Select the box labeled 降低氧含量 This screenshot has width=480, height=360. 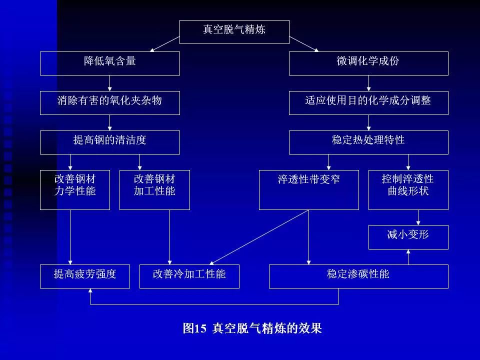(109, 63)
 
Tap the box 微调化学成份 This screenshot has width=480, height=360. (368, 63)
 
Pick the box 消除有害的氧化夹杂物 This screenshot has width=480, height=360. (109, 102)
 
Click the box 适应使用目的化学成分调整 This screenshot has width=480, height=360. (368, 102)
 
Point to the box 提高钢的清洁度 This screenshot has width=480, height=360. (109, 142)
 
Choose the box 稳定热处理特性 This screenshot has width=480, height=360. (368, 142)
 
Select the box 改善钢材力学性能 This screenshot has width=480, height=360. (74, 189)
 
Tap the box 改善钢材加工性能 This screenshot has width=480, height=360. (154, 189)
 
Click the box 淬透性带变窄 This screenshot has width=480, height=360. (308, 189)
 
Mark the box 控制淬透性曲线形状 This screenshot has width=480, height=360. (408, 189)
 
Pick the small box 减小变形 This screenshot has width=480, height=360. (408, 236)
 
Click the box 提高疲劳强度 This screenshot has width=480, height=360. (84, 276)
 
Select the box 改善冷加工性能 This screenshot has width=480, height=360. (189, 276)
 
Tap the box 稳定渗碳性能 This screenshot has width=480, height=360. (358, 276)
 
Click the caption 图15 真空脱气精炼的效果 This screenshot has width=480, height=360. (252, 328)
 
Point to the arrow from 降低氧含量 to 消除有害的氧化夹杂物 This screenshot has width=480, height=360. (109, 83)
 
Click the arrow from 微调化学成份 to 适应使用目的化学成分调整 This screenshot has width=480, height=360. (368, 83)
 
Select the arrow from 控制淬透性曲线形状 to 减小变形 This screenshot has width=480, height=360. (418, 217)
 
